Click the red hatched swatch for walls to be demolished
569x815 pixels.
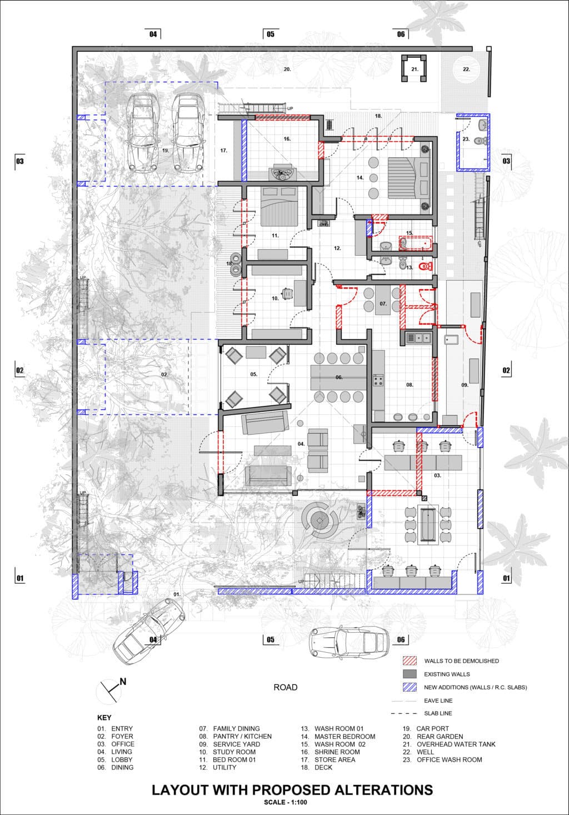tap(410, 660)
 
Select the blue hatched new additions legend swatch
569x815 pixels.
tap(410, 687)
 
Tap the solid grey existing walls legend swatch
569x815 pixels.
tap(410, 674)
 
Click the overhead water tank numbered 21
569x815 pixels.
tap(414, 68)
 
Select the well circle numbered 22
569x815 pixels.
tap(466, 69)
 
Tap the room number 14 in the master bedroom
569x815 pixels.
tap(360, 177)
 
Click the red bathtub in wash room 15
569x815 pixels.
tap(415, 243)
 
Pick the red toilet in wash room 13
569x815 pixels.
tap(425, 267)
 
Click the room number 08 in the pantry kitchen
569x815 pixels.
tap(410, 385)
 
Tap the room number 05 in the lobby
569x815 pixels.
tap(253, 374)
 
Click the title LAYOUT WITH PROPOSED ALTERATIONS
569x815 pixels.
tap(292, 790)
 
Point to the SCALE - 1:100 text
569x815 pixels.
tap(286, 802)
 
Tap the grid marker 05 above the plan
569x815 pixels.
tap(271, 34)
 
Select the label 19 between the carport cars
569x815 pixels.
tap(166, 150)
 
